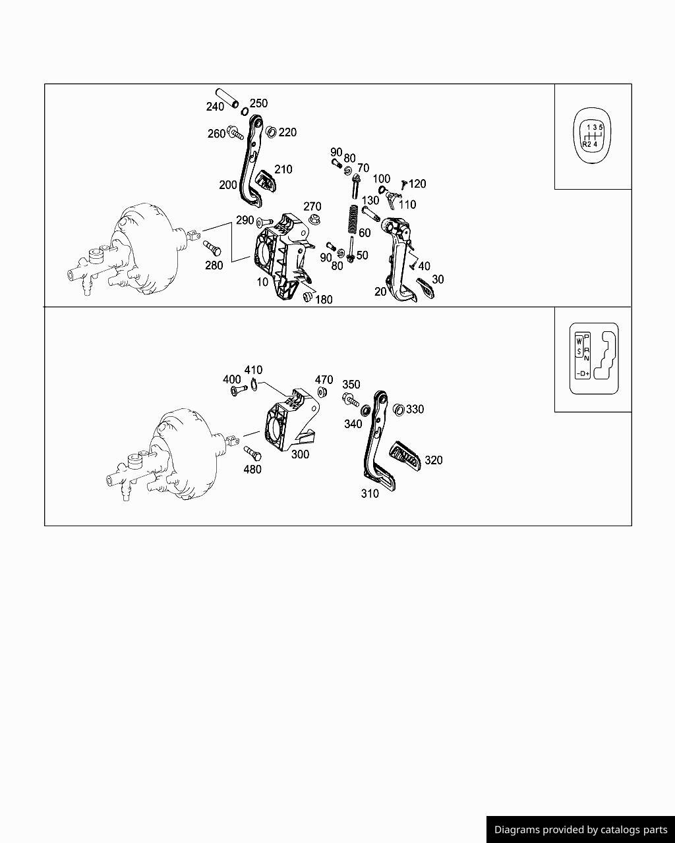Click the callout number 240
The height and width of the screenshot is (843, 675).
click(x=215, y=107)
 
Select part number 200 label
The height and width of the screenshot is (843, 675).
click(x=228, y=184)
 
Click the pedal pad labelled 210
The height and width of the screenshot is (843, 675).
click(x=266, y=181)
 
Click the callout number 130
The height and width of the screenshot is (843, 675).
click(x=370, y=200)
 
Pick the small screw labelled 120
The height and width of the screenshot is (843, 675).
click(x=403, y=185)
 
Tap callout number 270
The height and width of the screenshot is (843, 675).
click(x=312, y=206)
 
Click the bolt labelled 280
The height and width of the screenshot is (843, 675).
click(x=212, y=248)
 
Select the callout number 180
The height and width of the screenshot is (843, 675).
click(x=324, y=300)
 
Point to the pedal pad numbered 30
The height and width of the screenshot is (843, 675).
click(x=426, y=288)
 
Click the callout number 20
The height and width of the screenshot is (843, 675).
click(x=380, y=292)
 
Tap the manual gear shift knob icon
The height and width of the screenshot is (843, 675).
click(x=592, y=135)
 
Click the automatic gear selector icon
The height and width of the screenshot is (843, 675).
click(x=594, y=358)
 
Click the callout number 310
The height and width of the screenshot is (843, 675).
click(x=370, y=493)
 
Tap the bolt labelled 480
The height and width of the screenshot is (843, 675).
click(x=252, y=453)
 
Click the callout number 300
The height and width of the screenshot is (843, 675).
click(x=300, y=454)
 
